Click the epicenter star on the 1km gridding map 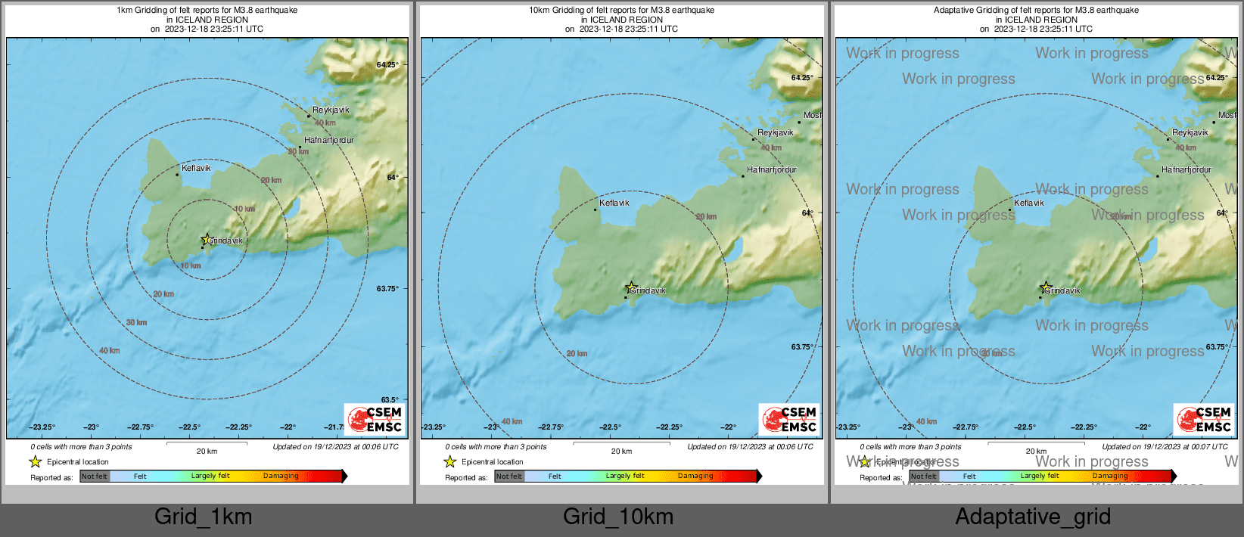pyautogui.click(x=206, y=239)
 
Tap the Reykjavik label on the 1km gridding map pyautogui.click(x=331, y=110)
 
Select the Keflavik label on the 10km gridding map pyautogui.click(x=614, y=203)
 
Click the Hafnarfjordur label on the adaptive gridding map pyautogui.click(x=1186, y=170)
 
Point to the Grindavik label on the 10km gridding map pyautogui.click(x=648, y=290)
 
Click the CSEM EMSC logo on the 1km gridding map pyautogui.click(x=375, y=420)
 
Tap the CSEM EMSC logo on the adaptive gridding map pyautogui.click(x=1204, y=420)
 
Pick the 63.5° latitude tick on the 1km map pyautogui.click(x=389, y=400)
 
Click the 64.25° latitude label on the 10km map pyautogui.click(x=802, y=78)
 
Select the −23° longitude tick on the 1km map pyautogui.click(x=91, y=427)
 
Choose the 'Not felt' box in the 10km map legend pyautogui.click(x=508, y=476)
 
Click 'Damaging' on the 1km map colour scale pyautogui.click(x=281, y=476)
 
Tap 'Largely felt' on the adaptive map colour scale pyautogui.click(x=1039, y=476)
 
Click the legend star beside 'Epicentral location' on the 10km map pyautogui.click(x=449, y=462)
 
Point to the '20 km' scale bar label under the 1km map pyautogui.click(x=207, y=452)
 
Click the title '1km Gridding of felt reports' pyautogui.click(x=207, y=11)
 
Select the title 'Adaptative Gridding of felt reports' pyautogui.click(x=1036, y=11)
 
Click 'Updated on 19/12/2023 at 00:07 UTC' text pyautogui.click(x=1165, y=447)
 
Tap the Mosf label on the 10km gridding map pyautogui.click(x=812, y=116)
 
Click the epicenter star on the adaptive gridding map pyautogui.click(x=1046, y=287)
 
